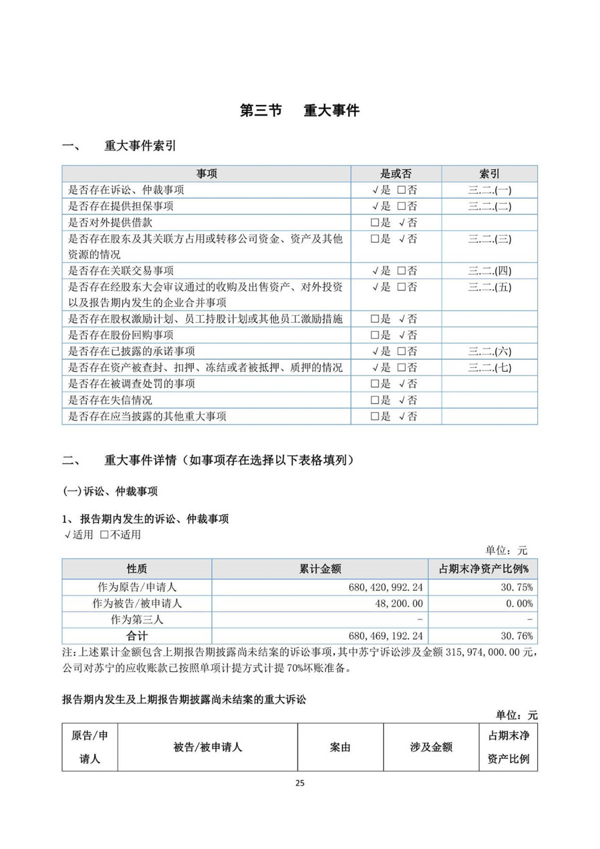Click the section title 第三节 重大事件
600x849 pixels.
click(299, 110)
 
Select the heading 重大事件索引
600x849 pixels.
click(140, 146)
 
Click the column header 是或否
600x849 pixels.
click(395, 174)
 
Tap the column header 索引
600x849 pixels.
click(489, 174)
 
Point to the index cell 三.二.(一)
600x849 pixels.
click(489, 190)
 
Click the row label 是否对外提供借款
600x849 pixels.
click(110, 223)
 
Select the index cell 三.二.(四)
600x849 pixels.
click(489, 271)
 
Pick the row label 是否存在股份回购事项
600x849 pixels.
click(120, 335)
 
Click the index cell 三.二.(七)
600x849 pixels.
click(489, 368)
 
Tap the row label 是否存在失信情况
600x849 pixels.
click(110, 400)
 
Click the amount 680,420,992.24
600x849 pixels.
click(385, 587)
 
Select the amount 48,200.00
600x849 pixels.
click(398, 604)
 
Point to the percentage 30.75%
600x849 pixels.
click(516, 587)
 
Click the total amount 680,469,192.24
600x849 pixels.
click(385, 636)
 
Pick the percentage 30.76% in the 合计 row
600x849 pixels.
click(516, 636)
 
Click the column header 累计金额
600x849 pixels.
click(320, 569)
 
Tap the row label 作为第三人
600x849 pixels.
click(137, 620)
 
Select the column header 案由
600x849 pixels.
click(340, 747)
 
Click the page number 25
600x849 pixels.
click(300, 783)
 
